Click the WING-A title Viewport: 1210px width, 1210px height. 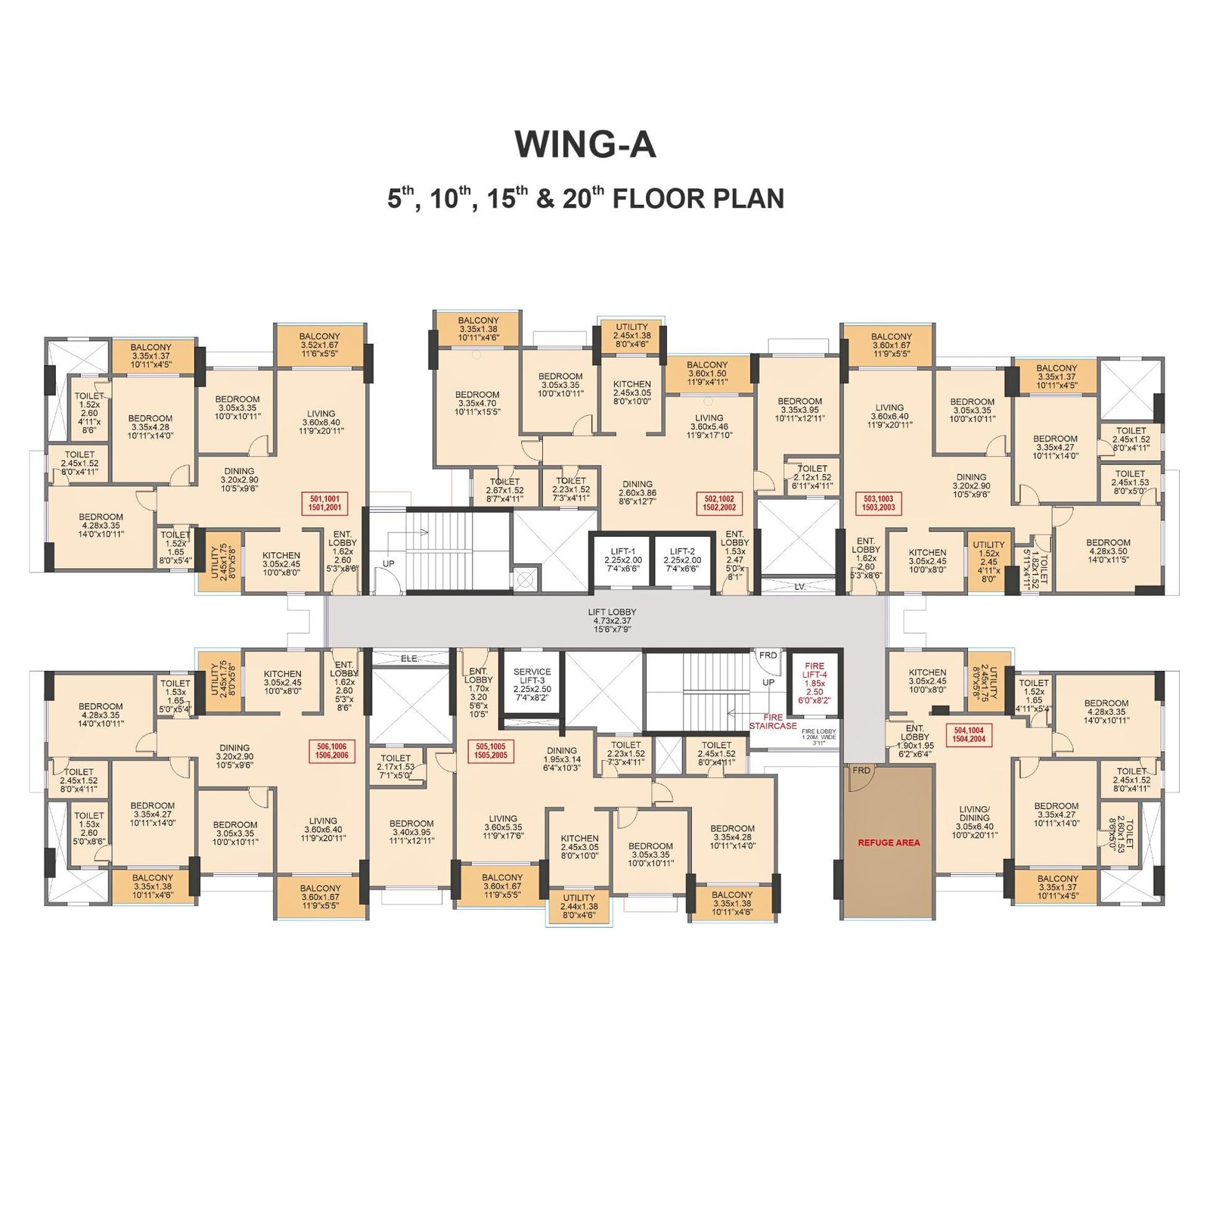pyautogui.click(x=585, y=144)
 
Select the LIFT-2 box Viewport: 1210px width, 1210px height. pyautogui.click(x=682, y=560)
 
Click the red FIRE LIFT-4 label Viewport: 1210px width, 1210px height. pyautogui.click(x=814, y=683)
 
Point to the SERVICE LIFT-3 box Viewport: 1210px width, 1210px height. pyautogui.click(x=532, y=684)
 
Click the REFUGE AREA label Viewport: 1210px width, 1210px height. pyautogui.click(x=889, y=842)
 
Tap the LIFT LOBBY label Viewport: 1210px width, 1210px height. pyautogui.click(x=612, y=620)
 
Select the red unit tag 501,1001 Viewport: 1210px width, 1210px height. pyautogui.click(x=324, y=503)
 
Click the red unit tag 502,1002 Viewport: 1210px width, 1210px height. pyautogui.click(x=719, y=503)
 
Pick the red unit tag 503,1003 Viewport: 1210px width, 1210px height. pyautogui.click(x=879, y=503)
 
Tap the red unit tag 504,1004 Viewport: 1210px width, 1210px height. pyautogui.click(x=969, y=734)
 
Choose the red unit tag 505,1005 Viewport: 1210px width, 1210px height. pyautogui.click(x=490, y=750)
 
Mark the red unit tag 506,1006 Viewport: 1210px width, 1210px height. pyautogui.click(x=332, y=750)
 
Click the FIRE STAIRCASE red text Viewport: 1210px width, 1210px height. pyautogui.click(x=773, y=721)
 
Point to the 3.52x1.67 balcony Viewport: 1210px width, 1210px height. pyautogui.click(x=319, y=345)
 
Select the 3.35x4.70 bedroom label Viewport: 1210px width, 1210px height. pyautogui.click(x=477, y=403)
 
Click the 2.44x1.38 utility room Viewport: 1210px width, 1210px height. pyautogui.click(x=579, y=906)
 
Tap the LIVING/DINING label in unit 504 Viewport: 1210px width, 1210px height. pyautogui.click(x=974, y=822)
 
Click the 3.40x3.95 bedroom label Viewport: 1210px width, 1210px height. pyautogui.click(x=411, y=832)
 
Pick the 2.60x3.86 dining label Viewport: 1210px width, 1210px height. pyautogui.click(x=638, y=492)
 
